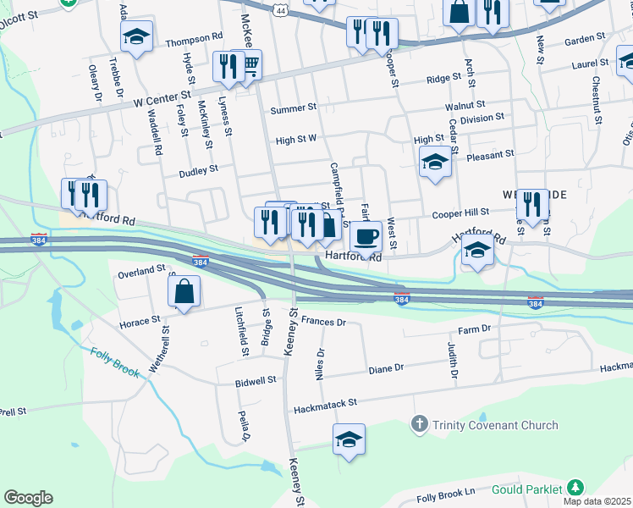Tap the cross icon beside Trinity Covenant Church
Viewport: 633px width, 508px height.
click(x=418, y=423)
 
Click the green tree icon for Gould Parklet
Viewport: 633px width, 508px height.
click(x=575, y=488)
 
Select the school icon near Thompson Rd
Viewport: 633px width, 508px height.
click(x=136, y=36)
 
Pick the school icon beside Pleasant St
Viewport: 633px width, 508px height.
click(x=435, y=161)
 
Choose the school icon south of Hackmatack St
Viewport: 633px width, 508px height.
click(x=349, y=439)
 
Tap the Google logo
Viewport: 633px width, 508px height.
click(x=28, y=498)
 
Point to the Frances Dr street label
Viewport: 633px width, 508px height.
click(x=323, y=322)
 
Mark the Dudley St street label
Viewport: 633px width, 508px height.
click(x=198, y=169)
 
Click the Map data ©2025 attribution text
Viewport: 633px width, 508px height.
click(x=597, y=502)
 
